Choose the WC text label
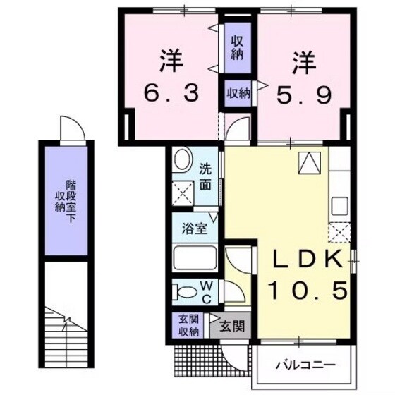coord(207,291)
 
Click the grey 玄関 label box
coord(231,326)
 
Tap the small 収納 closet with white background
coord(238,92)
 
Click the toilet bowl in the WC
coord(186,291)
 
